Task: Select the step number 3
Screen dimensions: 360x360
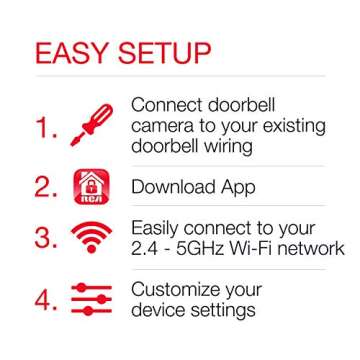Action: pyautogui.click(x=42, y=240)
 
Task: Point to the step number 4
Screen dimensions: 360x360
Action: pyautogui.click(x=40, y=299)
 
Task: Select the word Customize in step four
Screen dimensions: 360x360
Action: pyautogui.click(x=182, y=290)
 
